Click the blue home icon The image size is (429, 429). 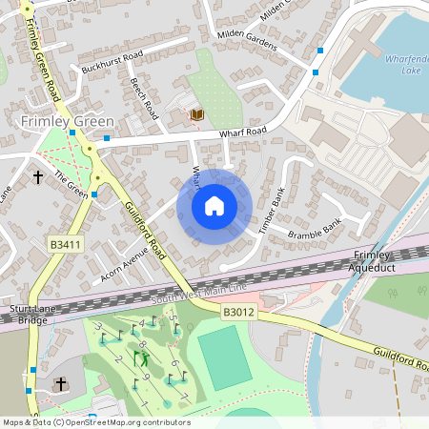[x=214, y=206]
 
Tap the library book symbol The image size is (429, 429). [x=196, y=114]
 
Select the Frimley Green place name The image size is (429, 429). [x=67, y=122]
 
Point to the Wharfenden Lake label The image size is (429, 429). [x=406, y=65]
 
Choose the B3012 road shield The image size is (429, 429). [x=239, y=312]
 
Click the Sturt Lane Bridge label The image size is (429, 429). [x=29, y=315]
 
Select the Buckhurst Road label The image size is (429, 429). [x=112, y=62]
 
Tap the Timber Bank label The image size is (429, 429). [x=272, y=211]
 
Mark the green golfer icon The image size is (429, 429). [x=143, y=358]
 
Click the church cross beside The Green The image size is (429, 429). [x=38, y=176]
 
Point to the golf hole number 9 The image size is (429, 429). [x=144, y=378]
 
